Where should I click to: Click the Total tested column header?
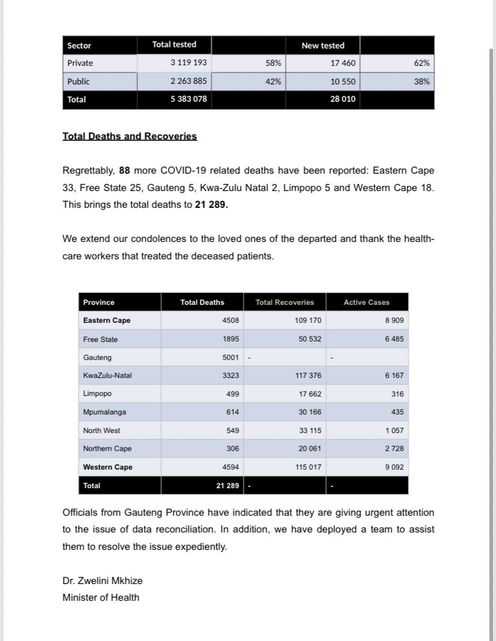[x=174, y=44]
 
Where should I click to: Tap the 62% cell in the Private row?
[x=422, y=62]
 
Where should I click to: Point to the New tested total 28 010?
[x=343, y=99]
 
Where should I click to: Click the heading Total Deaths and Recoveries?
[x=130, y=136]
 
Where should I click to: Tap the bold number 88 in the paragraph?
[x=124, y=171]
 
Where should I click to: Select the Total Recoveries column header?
[x=284, y=302]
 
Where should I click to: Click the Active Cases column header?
[x=366, y=302]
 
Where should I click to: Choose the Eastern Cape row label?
[x=107, y=320]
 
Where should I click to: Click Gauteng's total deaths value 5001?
[x=230, y=358]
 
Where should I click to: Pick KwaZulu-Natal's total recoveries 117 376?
[x=308, y=376]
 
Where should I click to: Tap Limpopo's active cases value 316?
[x=397, y=394]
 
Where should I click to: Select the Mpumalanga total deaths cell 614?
[x=232, y=412]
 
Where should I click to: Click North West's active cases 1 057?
[x=394, y=430]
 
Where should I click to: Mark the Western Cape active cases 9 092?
[x=394, y=467]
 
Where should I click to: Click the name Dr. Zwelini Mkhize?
[x=103, y=580]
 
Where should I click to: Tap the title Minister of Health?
[x=101, y=597]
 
